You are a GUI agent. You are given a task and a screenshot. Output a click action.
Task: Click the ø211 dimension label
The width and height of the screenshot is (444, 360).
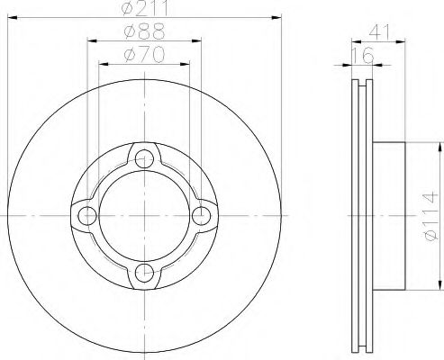point(145,8)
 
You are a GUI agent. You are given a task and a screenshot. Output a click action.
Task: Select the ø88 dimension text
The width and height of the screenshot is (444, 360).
point(145,31)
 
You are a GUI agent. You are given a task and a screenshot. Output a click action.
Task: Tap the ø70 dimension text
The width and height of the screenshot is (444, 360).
point(145,54)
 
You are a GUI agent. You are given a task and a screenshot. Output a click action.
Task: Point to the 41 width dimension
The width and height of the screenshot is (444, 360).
point(379,32)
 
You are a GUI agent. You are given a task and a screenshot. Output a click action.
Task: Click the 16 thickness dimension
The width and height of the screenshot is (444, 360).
point(363,55)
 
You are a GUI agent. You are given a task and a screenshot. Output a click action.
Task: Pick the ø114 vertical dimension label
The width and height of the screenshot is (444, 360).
point(430,217)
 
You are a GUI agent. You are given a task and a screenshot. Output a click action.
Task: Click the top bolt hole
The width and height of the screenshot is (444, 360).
point(144,158)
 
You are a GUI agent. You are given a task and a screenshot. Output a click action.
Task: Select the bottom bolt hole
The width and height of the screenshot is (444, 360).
point(144,273)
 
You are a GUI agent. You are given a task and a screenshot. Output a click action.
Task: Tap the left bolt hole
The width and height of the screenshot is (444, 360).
point(87,216)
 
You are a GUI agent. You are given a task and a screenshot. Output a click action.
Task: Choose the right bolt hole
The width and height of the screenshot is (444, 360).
point(202,216)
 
